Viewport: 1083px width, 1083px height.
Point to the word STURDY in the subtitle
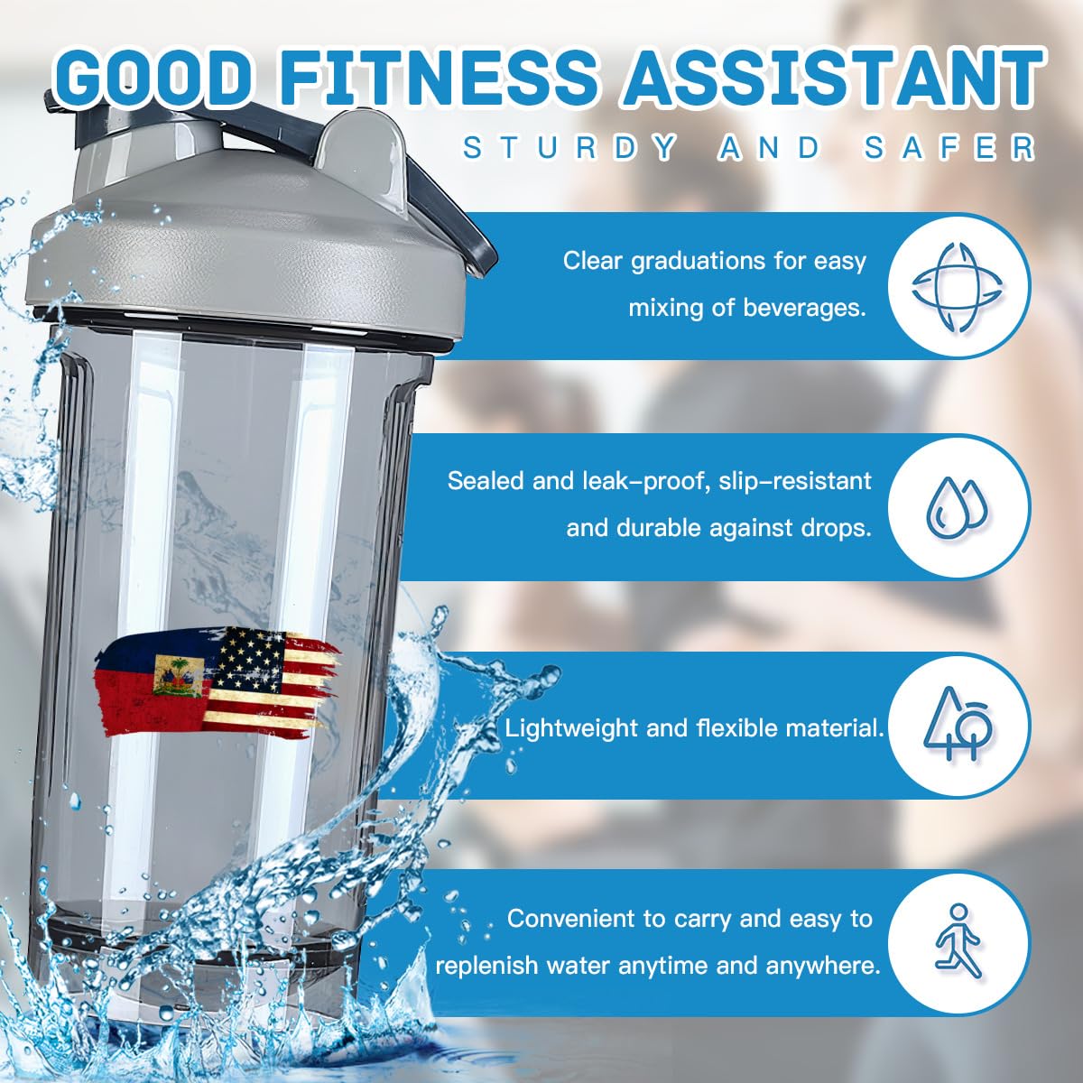570,148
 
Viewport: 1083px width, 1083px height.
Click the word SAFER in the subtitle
949,148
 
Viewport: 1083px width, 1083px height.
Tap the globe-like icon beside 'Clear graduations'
958,287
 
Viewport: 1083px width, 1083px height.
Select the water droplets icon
958,506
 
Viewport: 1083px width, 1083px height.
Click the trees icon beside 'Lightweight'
958,724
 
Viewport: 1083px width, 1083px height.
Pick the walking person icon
958,941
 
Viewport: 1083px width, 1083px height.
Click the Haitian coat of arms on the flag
177,676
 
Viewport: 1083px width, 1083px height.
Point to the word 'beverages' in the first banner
803,308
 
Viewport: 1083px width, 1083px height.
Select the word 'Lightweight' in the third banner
572,728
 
